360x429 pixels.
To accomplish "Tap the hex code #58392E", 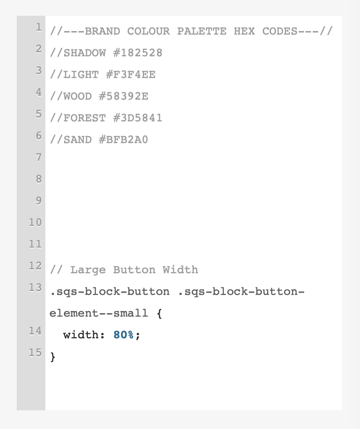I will coord(124,96).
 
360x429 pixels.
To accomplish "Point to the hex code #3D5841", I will coord(138,118).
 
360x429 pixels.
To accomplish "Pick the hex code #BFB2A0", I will coord(124,140).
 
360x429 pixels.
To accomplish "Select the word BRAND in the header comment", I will coord(102,31).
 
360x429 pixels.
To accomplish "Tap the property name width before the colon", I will coord(81,335).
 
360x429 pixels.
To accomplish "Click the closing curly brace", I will coord(53,357).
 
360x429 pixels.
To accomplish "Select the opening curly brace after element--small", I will coord(159,313).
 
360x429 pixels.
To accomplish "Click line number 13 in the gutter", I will coord(36,287).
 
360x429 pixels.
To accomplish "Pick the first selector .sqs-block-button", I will coord(109,291).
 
